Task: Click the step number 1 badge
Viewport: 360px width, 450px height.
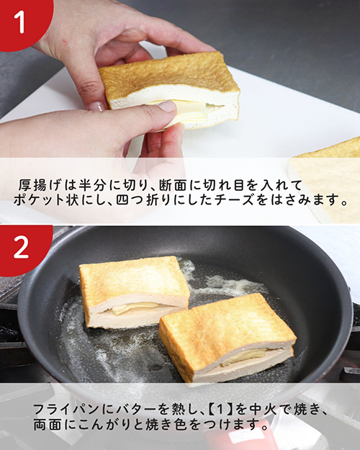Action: pyautogui.click(x=20, y=21)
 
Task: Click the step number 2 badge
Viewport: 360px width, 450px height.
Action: pyautogui.click(x=21, y=248)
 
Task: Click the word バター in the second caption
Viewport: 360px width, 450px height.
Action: pyautogui.click(x=125, y=408)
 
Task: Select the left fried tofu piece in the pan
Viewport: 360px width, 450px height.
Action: pyautogui.click(x=133, y=292)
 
